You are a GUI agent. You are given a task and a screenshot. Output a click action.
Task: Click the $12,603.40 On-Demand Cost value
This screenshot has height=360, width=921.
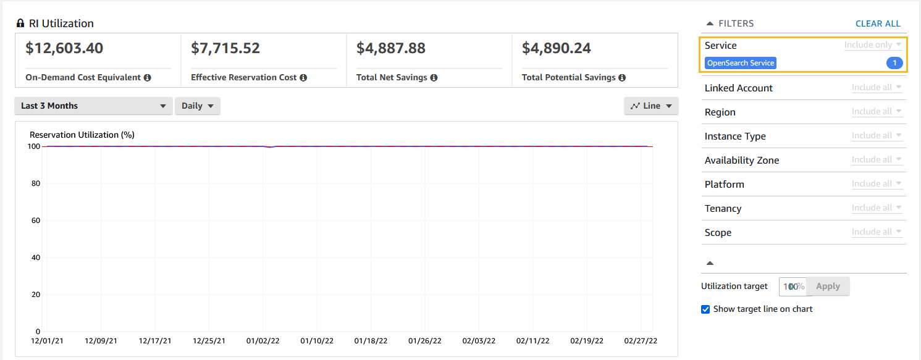click(64, 48)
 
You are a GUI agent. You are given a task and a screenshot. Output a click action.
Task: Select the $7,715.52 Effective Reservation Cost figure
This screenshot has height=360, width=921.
click(225, 48)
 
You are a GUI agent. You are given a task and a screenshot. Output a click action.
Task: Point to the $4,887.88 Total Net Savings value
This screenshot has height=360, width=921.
click(391, 48)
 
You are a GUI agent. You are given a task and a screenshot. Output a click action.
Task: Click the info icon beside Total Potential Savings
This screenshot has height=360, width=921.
click(622, 78)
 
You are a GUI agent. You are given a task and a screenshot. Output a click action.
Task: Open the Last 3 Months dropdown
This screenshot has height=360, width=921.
click(93, 106)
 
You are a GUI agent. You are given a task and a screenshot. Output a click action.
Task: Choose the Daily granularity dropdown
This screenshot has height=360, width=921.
click(198, 106)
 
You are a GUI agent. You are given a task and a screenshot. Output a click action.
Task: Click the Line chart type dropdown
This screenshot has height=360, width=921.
click(651, 106)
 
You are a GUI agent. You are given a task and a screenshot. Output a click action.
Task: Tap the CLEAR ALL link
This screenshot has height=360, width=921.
click(878, 23)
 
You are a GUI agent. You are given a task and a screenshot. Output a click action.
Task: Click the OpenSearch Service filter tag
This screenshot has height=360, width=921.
click(741, 63)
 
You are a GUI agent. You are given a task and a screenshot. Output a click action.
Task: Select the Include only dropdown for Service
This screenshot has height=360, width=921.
click(873, 45)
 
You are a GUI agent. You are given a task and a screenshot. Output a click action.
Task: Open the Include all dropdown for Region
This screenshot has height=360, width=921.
click(877, 112)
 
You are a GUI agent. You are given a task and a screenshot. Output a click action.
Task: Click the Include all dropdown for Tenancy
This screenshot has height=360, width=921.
click(877, 208)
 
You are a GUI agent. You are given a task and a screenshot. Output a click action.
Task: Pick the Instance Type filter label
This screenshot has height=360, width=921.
click(735, 136)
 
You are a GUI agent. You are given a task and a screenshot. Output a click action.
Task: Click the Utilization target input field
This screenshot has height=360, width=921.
click(793, 287)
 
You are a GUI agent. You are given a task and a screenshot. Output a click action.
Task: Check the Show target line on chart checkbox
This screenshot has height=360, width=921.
click(705, 309)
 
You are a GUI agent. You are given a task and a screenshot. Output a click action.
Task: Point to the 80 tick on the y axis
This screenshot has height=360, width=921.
click(35, 183)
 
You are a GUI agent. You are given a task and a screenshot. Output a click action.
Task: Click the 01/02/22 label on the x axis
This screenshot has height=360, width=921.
click(263, 340)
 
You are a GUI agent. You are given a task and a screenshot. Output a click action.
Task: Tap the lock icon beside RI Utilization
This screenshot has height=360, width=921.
click(20, 23)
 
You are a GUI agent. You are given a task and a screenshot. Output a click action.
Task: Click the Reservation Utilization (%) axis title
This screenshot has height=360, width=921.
click(82, 135)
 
